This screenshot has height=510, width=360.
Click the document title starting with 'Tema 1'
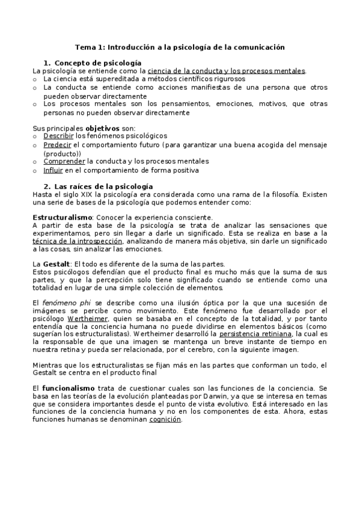pos(180,46)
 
